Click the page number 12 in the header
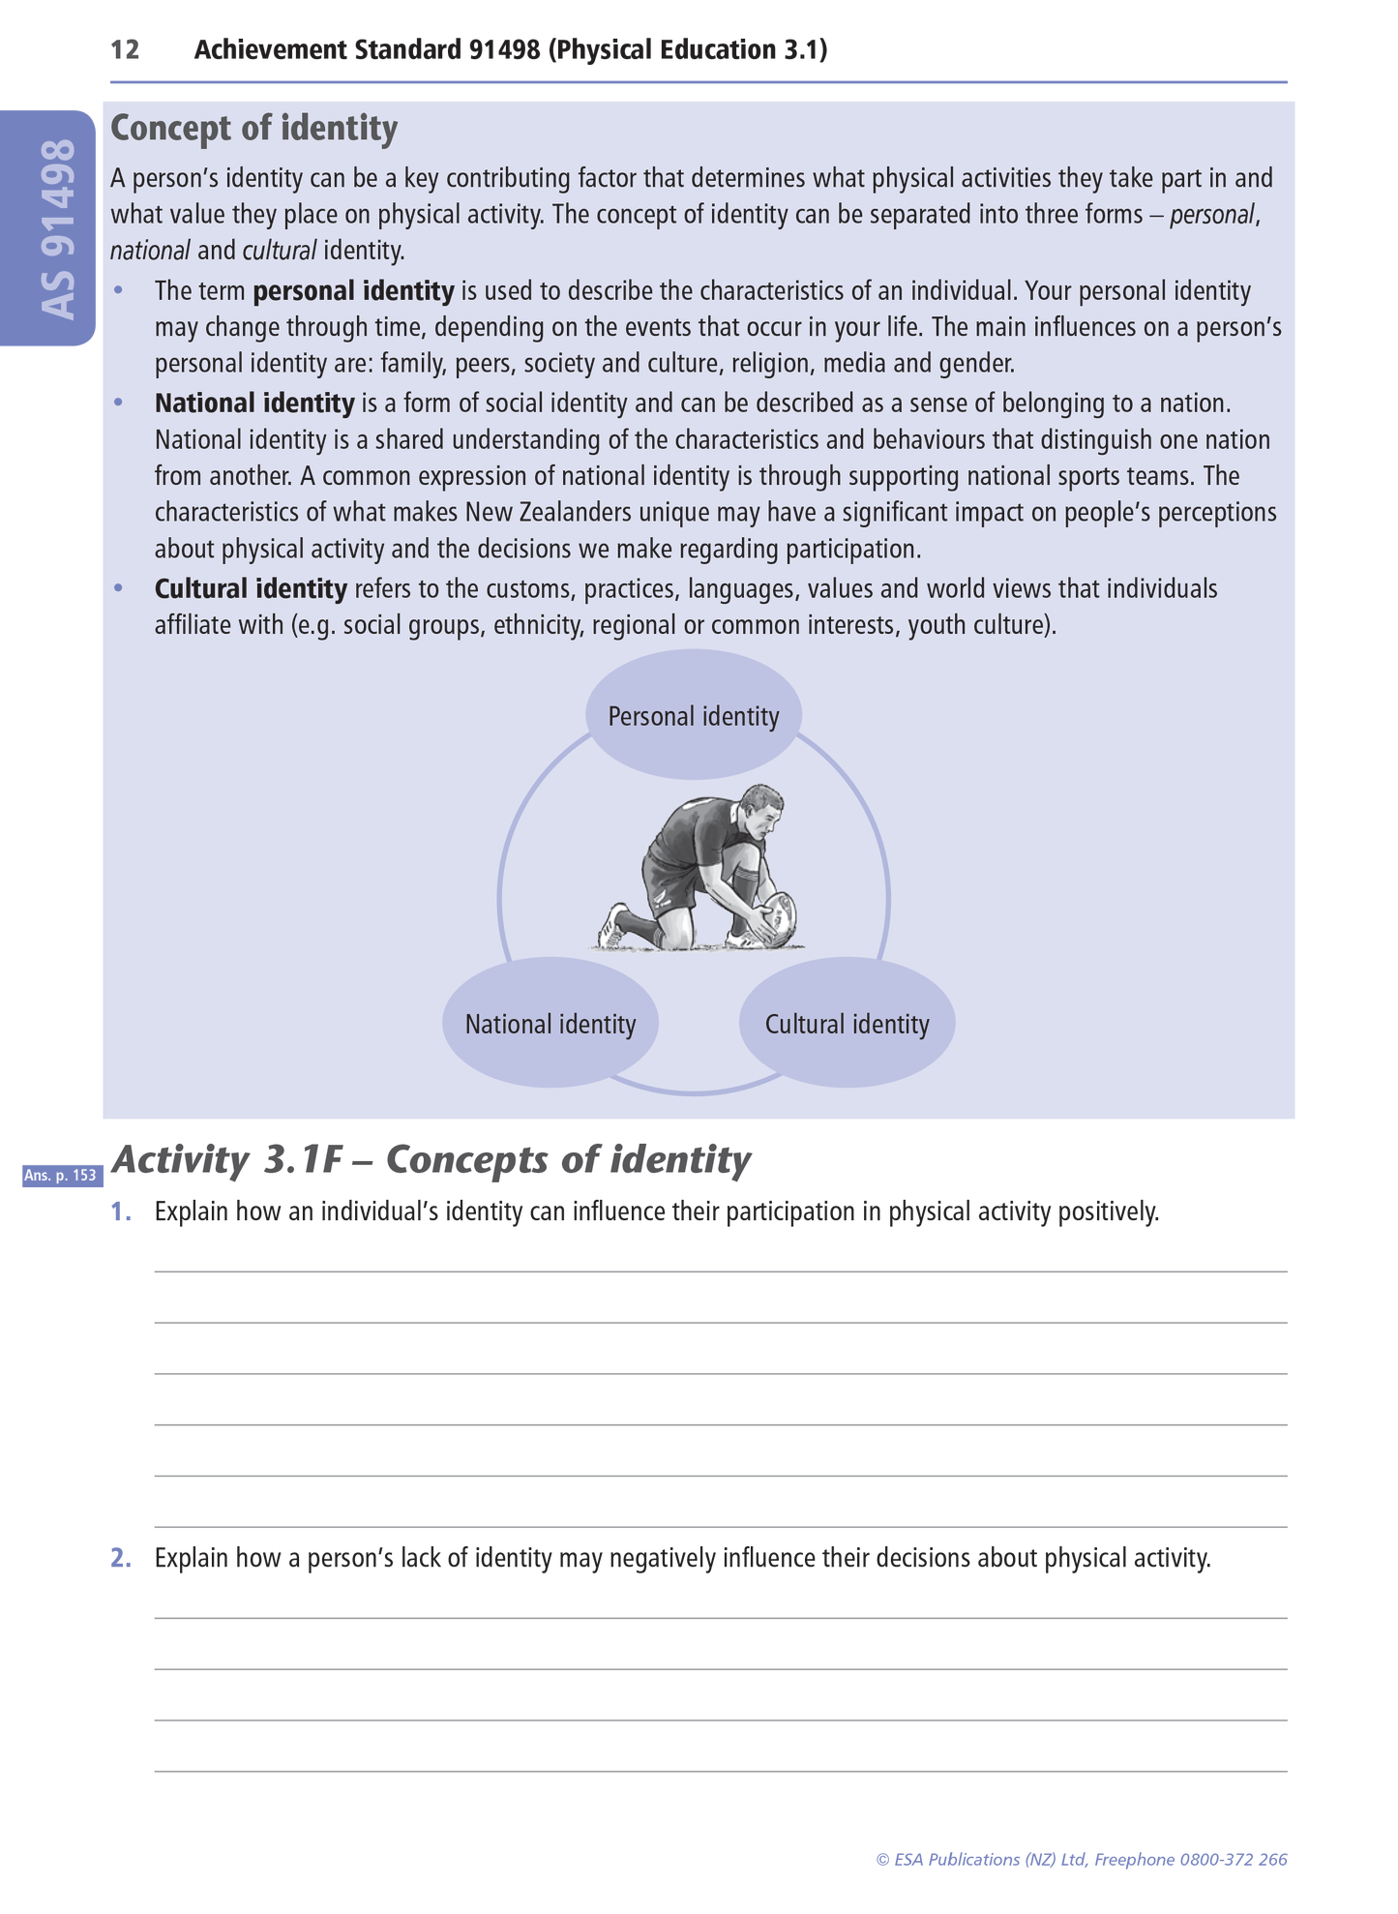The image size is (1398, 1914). click(125, 50)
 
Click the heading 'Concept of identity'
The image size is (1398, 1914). click(253, 129)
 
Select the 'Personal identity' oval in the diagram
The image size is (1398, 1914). click(693, 716)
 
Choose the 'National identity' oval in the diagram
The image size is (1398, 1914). click(550, 1024)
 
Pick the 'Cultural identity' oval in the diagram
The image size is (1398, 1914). click(847, 1024)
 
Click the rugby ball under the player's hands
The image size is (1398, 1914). click(779, 915)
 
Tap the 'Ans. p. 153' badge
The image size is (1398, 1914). click(61, 1176)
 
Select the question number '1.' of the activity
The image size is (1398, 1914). click(121, 1211)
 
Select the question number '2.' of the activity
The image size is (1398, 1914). click(121, 1558)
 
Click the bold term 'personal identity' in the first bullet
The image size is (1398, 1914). click(353, 291)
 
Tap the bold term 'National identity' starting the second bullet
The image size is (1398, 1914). click(254, 404)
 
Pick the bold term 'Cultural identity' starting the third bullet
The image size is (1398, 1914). click(251, 589)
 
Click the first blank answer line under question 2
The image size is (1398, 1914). click(720, 1616)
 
